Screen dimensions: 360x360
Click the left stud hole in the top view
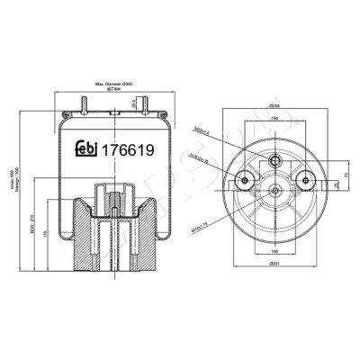coord(241,182)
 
